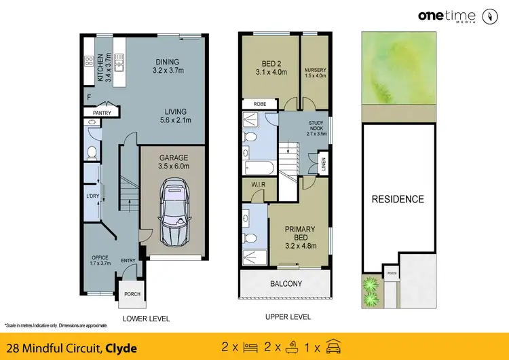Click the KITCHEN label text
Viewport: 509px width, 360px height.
click(100, 67)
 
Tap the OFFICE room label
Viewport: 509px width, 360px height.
click(100, 257)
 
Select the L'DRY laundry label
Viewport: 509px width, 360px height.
click(93, 197)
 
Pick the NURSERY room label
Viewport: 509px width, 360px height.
click(315, 69)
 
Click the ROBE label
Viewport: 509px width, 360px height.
click(259, 104)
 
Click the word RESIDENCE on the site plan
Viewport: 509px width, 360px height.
click(397, 199)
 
